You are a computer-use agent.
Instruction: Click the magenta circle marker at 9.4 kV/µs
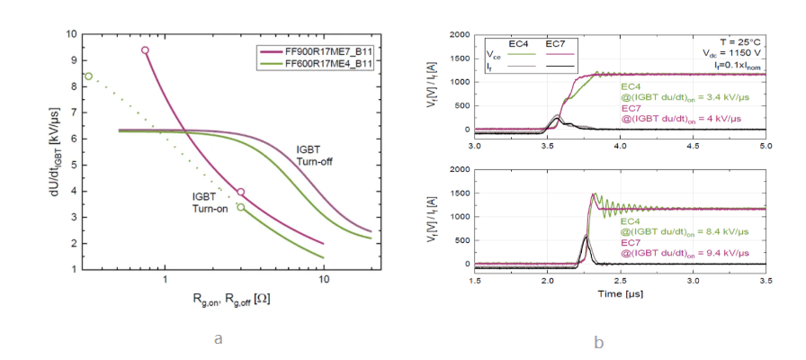click(x=145, y=50)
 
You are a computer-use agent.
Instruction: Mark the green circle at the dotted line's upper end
click(x=87, y=76)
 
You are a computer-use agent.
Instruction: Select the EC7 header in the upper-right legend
click(x=555, y=42)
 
